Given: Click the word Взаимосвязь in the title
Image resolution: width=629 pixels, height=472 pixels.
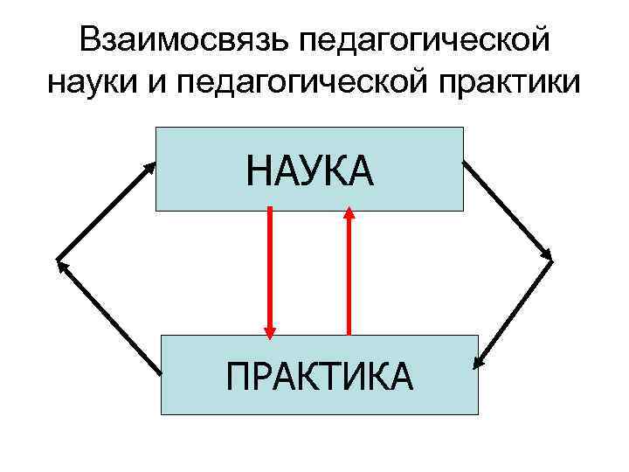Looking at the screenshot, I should tap(180, 40).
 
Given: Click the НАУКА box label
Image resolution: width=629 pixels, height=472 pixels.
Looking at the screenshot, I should tap(309, 170).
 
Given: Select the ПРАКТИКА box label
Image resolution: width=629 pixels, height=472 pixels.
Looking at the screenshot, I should tap(319, 377).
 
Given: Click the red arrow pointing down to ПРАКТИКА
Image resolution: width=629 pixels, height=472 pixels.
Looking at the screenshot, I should tap(270, 271).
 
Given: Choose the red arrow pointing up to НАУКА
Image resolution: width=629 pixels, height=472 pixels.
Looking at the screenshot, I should tap(349, 271).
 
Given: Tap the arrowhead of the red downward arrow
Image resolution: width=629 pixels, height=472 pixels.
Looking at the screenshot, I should tap(270, 331).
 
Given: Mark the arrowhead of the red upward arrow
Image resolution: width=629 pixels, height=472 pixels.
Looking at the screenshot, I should tap(349, 212).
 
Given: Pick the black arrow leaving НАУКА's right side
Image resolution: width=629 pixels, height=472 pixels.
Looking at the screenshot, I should tap(508, 210).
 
